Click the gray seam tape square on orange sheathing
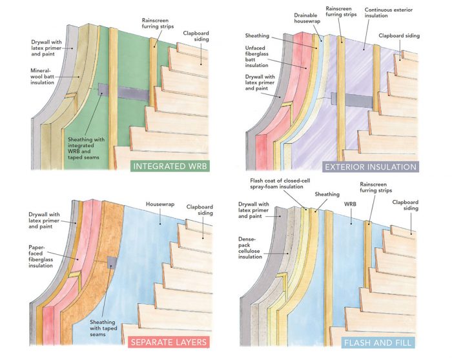(x=112, y=263)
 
